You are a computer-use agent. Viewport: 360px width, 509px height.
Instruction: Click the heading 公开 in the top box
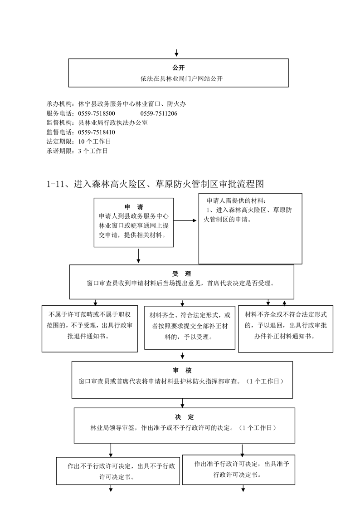point(178,68)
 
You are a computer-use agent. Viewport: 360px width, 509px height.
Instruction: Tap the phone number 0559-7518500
point(96,113)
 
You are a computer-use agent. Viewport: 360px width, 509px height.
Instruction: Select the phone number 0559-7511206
point(159,113)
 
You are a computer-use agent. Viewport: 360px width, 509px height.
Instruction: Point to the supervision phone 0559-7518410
point(96,132)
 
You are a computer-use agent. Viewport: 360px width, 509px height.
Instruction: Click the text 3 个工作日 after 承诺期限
point(93,151)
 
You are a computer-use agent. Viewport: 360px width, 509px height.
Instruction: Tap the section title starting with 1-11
point(156,184)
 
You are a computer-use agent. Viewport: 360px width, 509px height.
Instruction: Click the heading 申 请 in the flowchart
point(134,207)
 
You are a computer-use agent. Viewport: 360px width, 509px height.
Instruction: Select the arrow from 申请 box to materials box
point(185,220)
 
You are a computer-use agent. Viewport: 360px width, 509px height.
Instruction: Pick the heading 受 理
point(182,274)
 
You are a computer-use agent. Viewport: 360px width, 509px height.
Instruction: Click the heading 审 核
point(182,370)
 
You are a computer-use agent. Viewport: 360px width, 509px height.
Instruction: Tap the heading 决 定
point(184,417)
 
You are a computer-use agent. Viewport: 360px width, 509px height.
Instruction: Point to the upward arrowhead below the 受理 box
point(284,303)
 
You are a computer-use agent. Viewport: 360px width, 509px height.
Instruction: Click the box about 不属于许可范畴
point(89,328)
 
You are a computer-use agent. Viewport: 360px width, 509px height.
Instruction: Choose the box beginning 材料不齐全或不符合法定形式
point(286,329)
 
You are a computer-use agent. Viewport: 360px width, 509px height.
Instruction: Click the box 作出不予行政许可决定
point(118,471)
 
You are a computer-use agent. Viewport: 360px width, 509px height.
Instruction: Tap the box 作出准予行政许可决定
point(238,470)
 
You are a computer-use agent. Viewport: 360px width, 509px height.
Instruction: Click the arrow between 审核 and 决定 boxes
point(183,403)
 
